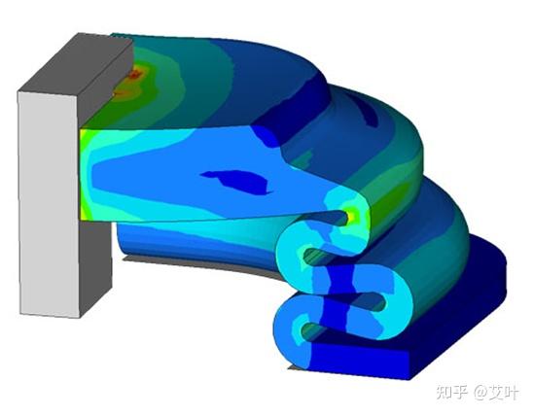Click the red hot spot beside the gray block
tap(135, 73)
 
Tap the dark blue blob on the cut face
tap(238, 181)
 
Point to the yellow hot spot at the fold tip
tap(352, 215)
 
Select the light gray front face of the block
tap(50, 204)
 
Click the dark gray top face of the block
tap(76, 64)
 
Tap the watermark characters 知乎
tap(451, 392)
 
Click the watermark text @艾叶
tap(497, 392)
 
